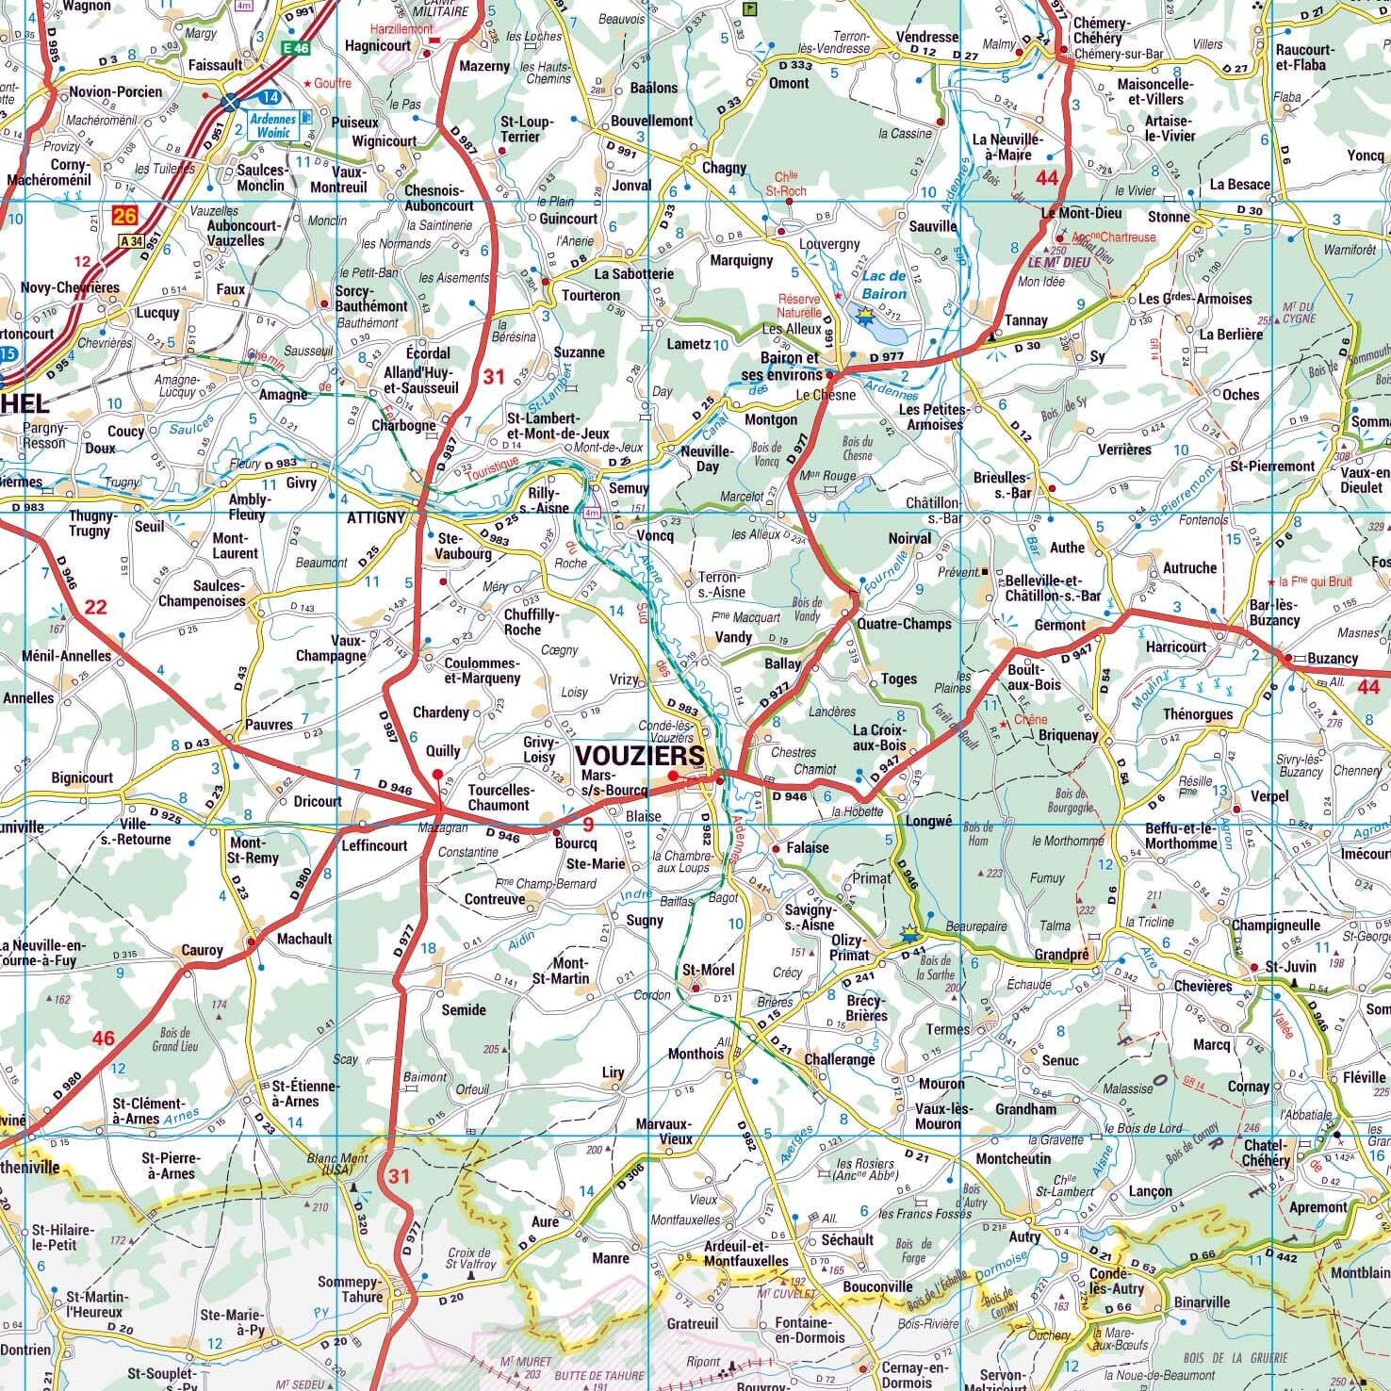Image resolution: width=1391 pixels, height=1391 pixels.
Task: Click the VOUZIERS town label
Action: pos(639,756)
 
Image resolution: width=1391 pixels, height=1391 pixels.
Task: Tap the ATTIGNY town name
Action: pos(375,517)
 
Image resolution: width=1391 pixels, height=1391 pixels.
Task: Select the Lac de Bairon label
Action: pos(883,285)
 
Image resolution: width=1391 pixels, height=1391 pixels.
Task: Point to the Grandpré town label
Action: pos(1061,955)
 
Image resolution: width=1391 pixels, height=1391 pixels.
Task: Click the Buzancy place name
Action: pos(1333,658)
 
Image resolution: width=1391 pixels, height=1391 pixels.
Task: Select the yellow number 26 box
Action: pos(124,217)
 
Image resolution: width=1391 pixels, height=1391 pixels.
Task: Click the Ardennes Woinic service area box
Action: pos(272,125)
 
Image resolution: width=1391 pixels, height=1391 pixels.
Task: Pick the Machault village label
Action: pos(304,939)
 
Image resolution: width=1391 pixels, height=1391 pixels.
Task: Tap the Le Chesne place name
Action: pos(825,395)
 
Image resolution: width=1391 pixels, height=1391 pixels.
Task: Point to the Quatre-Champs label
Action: pos(904,624)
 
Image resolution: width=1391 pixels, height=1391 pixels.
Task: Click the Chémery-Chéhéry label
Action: pos(1102,30)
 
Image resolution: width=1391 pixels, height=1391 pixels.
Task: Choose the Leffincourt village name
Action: pos(374,845)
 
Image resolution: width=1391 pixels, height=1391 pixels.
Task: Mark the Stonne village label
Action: pos(1169,217)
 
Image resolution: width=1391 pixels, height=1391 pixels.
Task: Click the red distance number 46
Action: pos(103,1039)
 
